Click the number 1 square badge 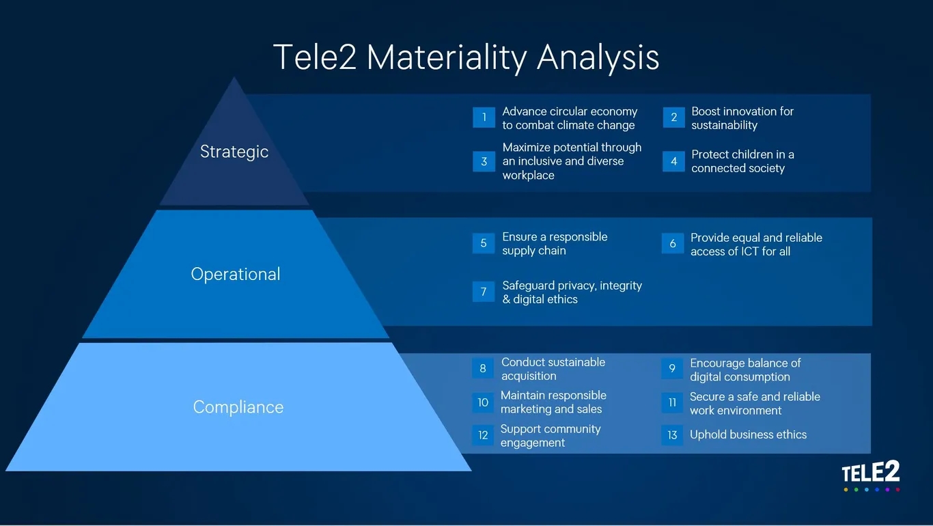click(x=484, y=117)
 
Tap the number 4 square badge click(x=673, y=161)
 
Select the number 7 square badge click(x=484, y=292)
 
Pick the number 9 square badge click(x=672, y=368)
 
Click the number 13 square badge click(x=672, y=435)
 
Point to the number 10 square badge click(x=483, y=402)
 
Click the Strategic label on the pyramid click(x=234, y=152)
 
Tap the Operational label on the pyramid click(x=236, y=274)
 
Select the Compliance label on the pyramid click(x=238, y=407)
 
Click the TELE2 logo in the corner click(x=871, y=475)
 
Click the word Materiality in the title click(x=447, y=57)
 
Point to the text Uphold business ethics click(x=748, y=434)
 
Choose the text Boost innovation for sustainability click(x=742, y=118)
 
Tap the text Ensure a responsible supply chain click(x=555, y=244)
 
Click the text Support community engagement click(x=551, y=436)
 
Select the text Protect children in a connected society click(x=742, y=161)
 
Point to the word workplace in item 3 click(x=528, y=176)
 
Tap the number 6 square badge click(x=672, y=243)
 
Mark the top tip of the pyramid click(x=234, y=77)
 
